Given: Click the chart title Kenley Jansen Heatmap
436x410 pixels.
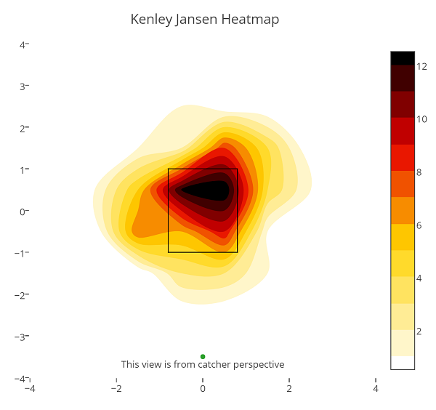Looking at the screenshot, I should pos(204,20).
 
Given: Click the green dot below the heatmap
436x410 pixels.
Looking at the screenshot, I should pos(203,356).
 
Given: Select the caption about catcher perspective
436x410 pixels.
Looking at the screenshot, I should pos(203,364).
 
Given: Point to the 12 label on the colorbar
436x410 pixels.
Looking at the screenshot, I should pos(421,66).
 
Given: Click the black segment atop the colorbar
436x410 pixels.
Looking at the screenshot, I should pos(403,58).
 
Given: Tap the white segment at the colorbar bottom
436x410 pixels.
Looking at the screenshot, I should pos(403,362).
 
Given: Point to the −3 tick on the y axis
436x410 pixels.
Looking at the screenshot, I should pos(21,337).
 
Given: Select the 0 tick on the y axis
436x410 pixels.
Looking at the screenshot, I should pos(23,212).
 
